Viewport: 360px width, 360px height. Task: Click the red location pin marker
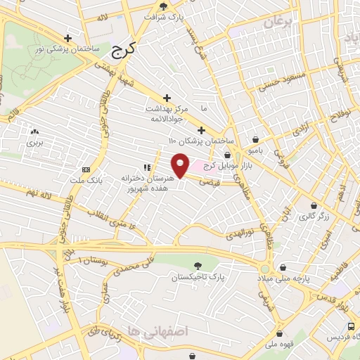(181, 165)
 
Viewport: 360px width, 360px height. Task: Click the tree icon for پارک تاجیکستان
(198, 266)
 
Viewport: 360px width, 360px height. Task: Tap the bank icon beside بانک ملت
(86, 169)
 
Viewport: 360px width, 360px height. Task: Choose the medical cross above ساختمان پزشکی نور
(67, 38)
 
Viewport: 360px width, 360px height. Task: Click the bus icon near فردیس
(352, 326)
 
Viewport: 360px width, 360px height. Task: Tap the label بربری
(35, 141)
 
